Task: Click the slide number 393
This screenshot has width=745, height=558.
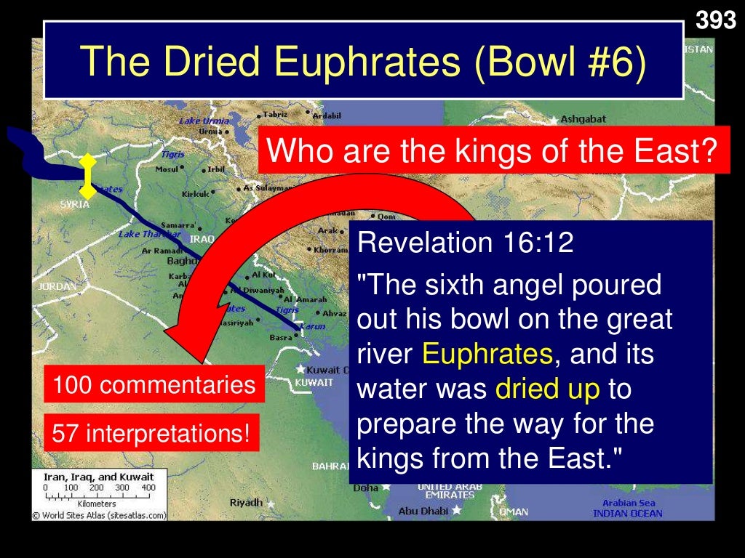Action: (x=716, y=20)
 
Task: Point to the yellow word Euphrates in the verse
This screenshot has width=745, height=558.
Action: (x=487, y=354)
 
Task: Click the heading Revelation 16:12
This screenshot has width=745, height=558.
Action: (x=466, y=243)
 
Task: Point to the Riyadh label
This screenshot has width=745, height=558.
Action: (x=245, y=502)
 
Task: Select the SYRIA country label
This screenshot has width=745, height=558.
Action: (x=74, y=204)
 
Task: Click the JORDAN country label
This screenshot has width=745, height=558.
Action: (x=57, y=286)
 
